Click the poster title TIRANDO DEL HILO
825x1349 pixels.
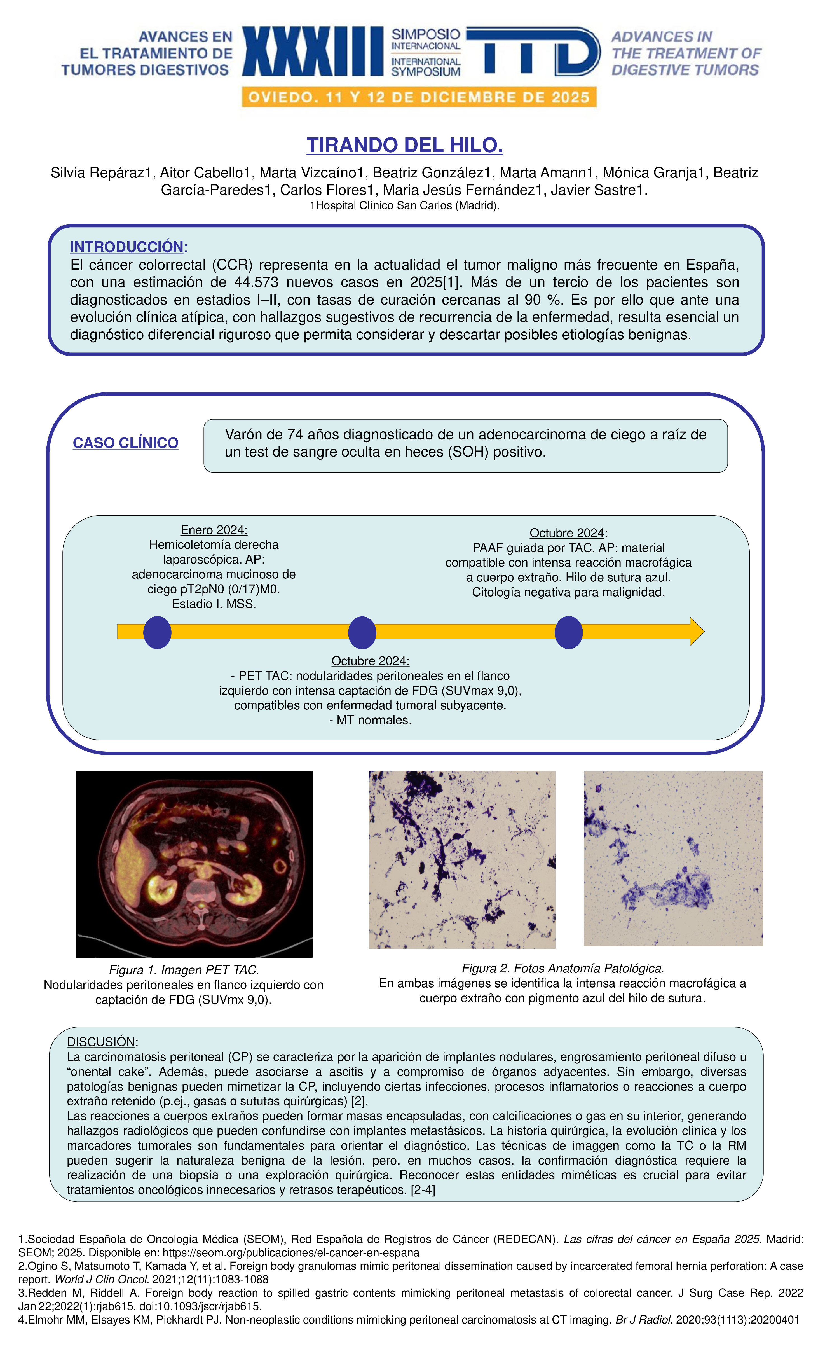click(405, 145)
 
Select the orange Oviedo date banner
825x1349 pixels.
click(419, 97)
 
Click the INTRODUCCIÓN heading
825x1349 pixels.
click(126, 247)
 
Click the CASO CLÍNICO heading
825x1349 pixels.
click(125, 443)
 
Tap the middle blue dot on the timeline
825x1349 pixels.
click(362, 632)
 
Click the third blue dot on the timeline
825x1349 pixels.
click(568, 632)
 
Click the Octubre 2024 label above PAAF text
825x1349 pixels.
click(567, 533)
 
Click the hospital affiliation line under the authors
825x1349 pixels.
click(405, 206)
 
